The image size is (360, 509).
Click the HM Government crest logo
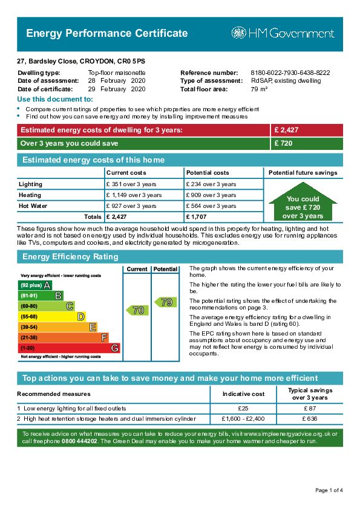(x=238, y=33)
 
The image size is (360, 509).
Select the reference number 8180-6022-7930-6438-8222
(x=290, y=73)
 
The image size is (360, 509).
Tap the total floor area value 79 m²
(x=259, y=89)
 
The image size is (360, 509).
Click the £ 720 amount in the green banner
(x=283, y=143)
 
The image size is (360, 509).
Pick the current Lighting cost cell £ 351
(x=131, y=184)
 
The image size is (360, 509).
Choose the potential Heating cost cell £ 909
(x=211, y=195)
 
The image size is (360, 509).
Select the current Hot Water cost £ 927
(x=131, y=206)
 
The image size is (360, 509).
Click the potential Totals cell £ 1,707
(x=196, y=217)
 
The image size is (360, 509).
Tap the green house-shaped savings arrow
(x=303, y=202)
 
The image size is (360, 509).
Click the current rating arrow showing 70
(x=137, y=310)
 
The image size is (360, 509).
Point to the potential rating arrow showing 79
(x=165, y=302)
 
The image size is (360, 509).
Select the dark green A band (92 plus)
(x=34, y=285)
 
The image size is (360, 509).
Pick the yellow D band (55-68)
(x=51, y=317)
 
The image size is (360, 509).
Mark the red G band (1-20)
(x=69, y=348)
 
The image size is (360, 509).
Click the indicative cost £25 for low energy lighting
(x=243, y=409)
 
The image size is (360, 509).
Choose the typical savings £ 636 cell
(x=310, y=419)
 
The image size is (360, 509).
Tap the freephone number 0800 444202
(x=79, y=441)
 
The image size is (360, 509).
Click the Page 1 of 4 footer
(x=329, y=490)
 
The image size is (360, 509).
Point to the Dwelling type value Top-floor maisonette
(x=117, y=73)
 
